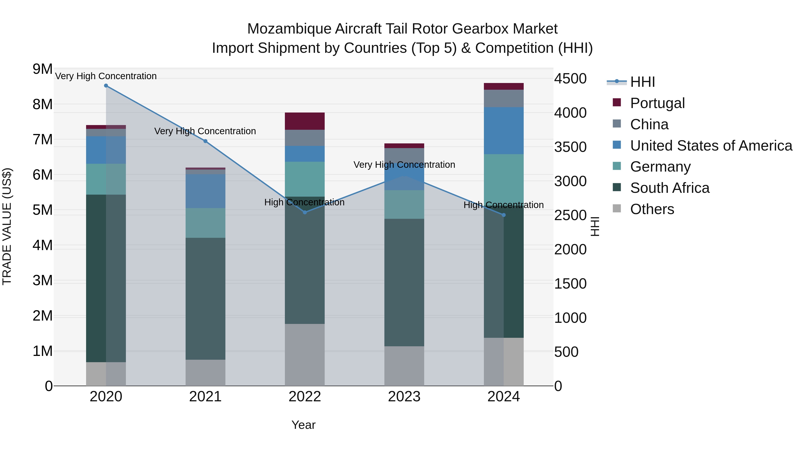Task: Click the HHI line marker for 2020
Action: click(106, 86)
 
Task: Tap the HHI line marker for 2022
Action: click(305, 212)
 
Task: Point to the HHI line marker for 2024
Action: click(503, 215)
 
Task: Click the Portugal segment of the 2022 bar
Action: click(305, 121)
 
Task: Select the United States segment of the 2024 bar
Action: click(503, 131)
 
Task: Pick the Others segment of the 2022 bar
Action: click(305, 355)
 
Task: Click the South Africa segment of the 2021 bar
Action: click(205, 299)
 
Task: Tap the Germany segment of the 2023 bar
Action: click(404, 204)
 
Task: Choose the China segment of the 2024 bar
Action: click(503, 98)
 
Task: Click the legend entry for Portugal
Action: click(657, 103)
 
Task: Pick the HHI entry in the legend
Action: click(642, 82)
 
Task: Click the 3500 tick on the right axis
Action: click(570, 147)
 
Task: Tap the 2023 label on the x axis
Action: click(404, 397)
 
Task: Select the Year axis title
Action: click(303, 425)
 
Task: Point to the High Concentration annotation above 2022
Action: click(304, 202)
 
